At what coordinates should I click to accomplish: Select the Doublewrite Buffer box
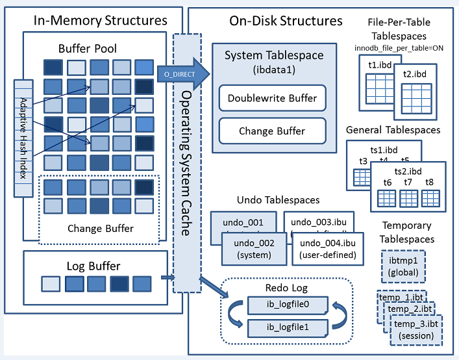pyautogui.click(x=272, y=98)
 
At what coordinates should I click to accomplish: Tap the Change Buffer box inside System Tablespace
pyautogui.click(x=272, y=131)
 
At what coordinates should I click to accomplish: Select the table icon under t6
pyautogui.click(x=388, y=198)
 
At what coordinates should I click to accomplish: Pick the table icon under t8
pyautogui.click(x=429, y=198)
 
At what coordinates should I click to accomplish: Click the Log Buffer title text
pyautogui.click(x=93, y=266)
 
